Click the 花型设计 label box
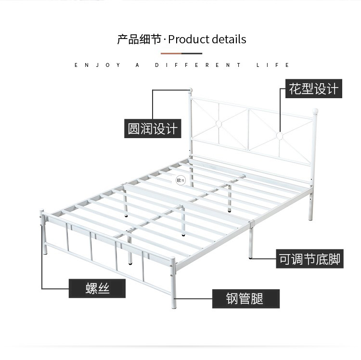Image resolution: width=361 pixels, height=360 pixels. click(x=313, y=89)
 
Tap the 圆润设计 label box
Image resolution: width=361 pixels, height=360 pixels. click(x=153, y=129)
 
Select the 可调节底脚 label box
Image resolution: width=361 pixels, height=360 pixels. click(x=309, y=259)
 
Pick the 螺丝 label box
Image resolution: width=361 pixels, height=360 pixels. click(x=97, y=288)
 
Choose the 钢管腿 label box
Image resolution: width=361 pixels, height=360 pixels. click(x=246, y=299)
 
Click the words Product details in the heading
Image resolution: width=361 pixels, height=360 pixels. click(x=207, y=39)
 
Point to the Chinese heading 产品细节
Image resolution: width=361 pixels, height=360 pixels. click(x=139, y=39)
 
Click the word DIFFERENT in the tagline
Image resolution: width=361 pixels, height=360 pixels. click(x=197, y=65)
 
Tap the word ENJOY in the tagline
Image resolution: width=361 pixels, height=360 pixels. click(x=97, y=65)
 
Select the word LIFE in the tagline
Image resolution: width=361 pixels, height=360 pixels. click(x=272, y=65)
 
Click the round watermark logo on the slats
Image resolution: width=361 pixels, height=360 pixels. click(x=180, y=180)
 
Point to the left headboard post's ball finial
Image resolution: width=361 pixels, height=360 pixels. click(x=190, y=90)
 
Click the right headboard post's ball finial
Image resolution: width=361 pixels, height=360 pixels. click(x=315, y=111)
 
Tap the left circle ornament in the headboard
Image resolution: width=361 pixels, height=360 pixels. click(x=219, y=124)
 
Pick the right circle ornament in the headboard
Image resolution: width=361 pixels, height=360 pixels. click(x=280, y=136)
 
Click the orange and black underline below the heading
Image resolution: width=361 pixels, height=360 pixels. click(x=181, y=53)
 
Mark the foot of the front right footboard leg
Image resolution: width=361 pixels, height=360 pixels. click(x=174, y=307)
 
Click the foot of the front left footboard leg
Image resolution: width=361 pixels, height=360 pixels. click(x=45, y=253)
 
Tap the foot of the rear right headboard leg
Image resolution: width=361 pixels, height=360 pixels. click(x=310, y=219)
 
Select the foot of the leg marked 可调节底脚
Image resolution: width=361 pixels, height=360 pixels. click(x=250, y=257)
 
